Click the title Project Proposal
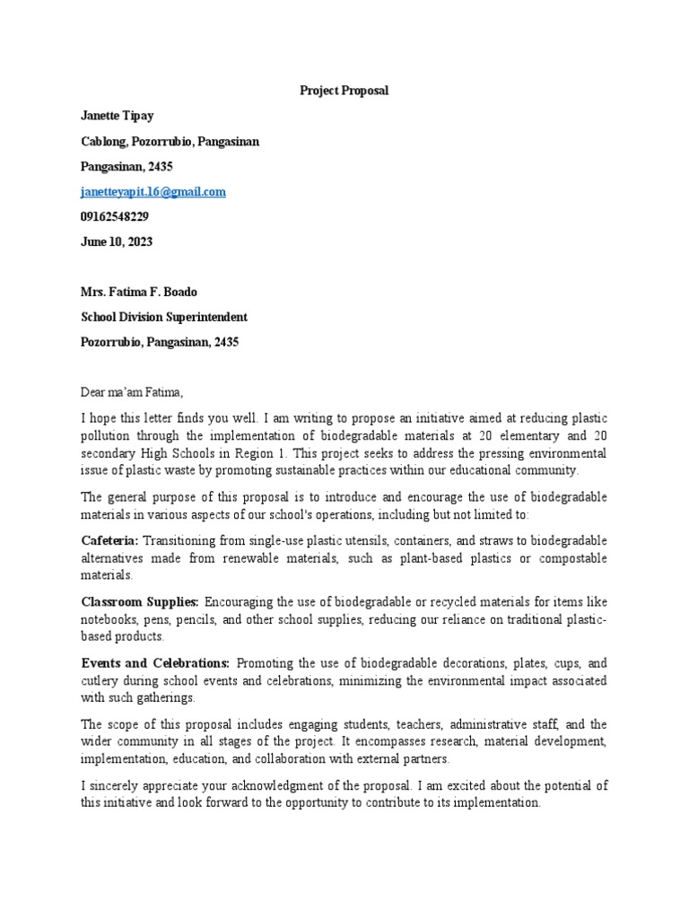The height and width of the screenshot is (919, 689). (344, 91)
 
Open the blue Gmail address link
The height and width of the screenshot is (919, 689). (153, 191)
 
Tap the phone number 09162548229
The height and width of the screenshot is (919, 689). (115, 216)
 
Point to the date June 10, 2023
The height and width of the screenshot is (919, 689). (117, 241)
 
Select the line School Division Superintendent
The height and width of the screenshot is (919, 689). (164, 317)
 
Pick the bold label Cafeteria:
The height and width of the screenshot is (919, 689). (109, 540)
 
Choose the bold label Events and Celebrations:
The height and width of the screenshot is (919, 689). (155, 662)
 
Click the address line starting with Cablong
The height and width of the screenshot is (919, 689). (170, 141)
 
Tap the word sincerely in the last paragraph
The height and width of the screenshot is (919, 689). (117, 785)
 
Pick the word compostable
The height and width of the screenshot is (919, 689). (568, 558)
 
